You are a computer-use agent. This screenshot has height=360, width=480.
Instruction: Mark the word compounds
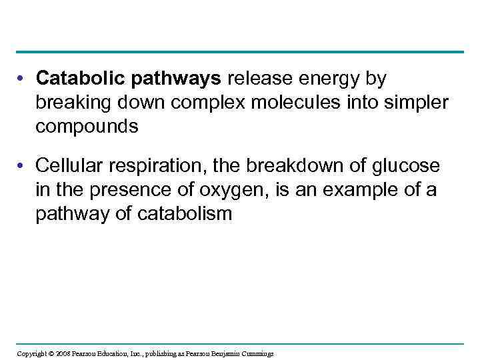click(x=87, y=127)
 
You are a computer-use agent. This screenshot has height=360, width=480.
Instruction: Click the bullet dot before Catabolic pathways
click(x=23, y=79)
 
